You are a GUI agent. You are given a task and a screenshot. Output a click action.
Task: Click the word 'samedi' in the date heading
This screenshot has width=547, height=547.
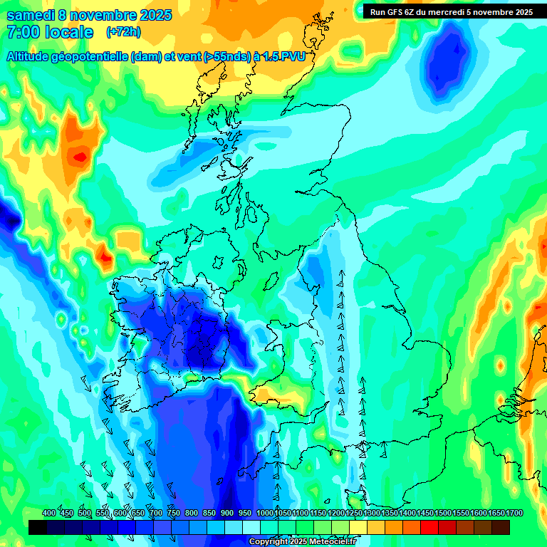click(x=29, y=15)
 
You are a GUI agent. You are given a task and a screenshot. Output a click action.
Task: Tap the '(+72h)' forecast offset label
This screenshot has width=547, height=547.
click(x=123, y=32)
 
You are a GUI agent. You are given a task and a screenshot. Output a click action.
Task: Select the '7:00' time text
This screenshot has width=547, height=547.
click(x=21, y=32)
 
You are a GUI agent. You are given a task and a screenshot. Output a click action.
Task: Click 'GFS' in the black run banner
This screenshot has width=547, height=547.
click(x=396, y=12)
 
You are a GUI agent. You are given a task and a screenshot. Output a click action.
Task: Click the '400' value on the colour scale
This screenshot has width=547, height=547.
click(x=49, y=514)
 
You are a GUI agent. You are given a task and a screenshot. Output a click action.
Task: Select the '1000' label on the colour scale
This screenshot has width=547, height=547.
click(x=265, y=514)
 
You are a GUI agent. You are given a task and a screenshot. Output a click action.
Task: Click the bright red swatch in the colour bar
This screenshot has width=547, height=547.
click(x=429, y=527)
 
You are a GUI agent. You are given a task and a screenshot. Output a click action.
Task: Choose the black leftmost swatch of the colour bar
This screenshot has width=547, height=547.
click(x=38, y=527)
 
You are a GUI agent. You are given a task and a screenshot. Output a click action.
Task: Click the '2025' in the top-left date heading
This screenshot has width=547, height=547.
click(x=152, y=15)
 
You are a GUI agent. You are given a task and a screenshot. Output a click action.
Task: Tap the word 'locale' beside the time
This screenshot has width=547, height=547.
click(x=69, y=32)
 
